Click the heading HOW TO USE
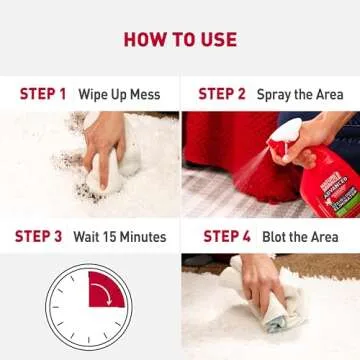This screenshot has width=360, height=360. coord(180,40)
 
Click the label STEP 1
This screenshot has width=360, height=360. coord(42,94)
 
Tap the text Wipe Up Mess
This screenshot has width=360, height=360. coord(120,94)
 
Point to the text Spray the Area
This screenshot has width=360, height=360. coord(300,94)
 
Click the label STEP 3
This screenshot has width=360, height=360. coord(38,237)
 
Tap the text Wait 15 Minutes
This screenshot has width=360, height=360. coord(118,237)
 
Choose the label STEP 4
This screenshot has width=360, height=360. coord(227,237)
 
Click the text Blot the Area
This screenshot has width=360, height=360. coord(300,237)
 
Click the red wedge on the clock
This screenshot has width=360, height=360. coord(103,291)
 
